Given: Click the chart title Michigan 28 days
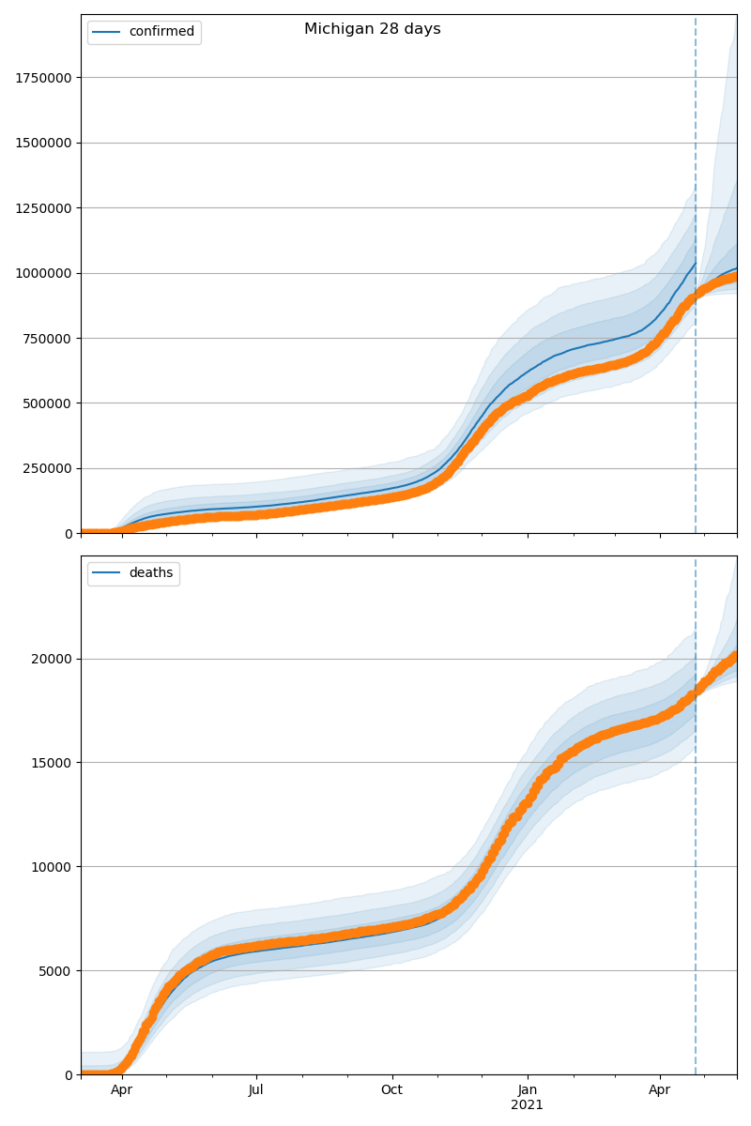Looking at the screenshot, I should click(372, 29).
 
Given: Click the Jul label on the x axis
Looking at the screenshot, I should click(256, 1090).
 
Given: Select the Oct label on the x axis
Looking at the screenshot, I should click(391, 1090).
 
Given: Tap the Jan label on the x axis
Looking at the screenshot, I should click(528, 1090).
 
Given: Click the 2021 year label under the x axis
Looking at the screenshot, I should click(528, 1104).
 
